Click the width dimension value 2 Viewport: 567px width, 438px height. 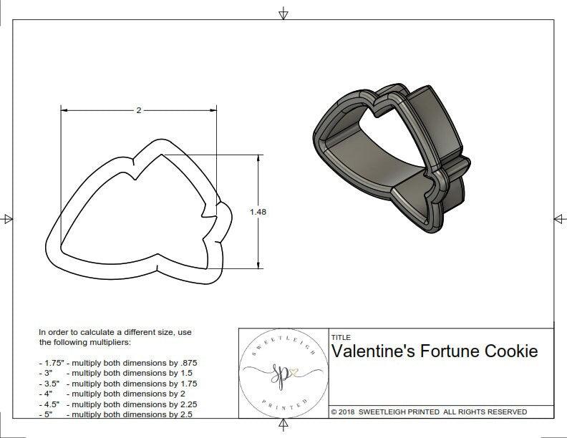pos(137,110)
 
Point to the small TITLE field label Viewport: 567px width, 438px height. pos(340,337)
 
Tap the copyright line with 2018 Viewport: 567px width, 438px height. pos(429,412)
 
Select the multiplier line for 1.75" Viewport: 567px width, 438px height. pos(118,363)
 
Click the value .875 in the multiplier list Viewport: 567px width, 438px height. pos(187,363)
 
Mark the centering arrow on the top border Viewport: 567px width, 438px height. pos(283,13)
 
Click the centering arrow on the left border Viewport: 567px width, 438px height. pos(7,219)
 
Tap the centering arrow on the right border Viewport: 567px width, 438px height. pos(559,219)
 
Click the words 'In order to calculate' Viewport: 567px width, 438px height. pos(78,333)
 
